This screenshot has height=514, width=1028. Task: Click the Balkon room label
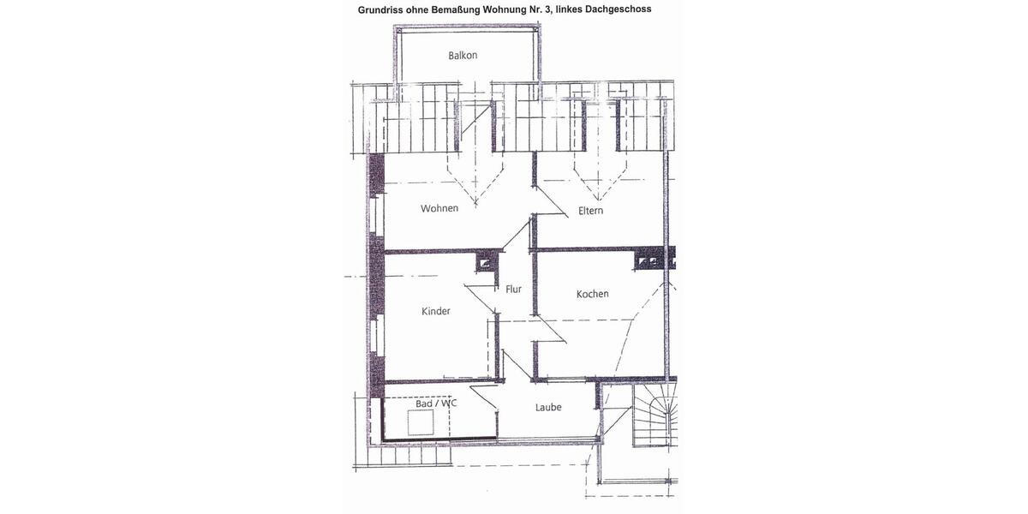(x=463, y=56)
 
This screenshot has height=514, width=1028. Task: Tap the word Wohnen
(x=439, y=208)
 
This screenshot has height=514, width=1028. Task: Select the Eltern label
(x=591, y=210)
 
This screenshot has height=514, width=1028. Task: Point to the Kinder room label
(x=435, y=311)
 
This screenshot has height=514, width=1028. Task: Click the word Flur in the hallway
(x=513, y=290)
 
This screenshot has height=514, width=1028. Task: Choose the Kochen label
(x=592, y=294)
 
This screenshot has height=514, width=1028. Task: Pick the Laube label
(x=548, y=407)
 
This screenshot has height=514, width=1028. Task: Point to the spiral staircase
(x=654, y=415)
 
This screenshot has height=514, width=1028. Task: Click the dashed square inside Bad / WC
(x=422, y=423)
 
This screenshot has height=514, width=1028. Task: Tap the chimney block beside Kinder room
(x=486, y=262)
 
